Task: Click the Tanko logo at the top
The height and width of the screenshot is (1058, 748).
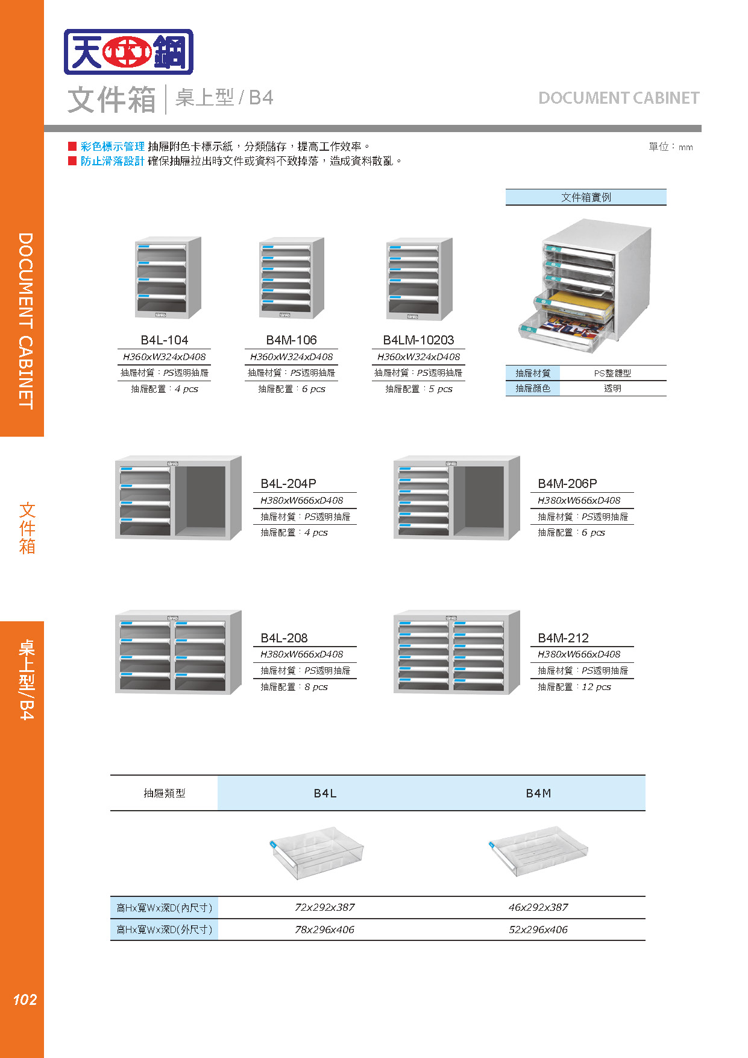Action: tap(128, 52)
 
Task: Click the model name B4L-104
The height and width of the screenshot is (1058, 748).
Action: tap(165, 340)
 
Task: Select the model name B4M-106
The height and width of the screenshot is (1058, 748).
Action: tap(291, 340)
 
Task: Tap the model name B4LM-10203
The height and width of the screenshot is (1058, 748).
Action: tap(418, 340)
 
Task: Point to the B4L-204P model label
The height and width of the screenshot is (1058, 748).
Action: tap(288, 484)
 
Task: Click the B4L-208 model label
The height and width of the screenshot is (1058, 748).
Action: tap(284, 638)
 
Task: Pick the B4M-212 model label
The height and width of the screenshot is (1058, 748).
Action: tap(563, 638)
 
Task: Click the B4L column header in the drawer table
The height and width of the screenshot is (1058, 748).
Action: tap(325, 793)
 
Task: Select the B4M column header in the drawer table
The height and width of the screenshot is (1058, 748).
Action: tap(538, 793)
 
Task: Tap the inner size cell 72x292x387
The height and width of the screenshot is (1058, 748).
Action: tap(324, 907)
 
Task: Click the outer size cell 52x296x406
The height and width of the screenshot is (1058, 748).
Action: tap(538, 930)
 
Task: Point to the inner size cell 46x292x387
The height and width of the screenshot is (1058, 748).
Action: tap(538, 907)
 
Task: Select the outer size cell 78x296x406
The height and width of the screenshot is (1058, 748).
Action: tap(324, 930)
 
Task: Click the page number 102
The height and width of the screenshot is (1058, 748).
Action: tap(25, 1000)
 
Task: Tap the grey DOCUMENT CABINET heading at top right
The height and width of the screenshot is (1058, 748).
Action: tap(618, 98)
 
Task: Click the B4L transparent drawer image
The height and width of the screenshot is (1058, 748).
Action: tap(317, 852)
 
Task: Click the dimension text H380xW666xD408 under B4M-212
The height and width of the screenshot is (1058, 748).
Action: tap(579, 654)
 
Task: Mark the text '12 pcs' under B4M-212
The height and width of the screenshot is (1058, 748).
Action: tap(596, 687)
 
